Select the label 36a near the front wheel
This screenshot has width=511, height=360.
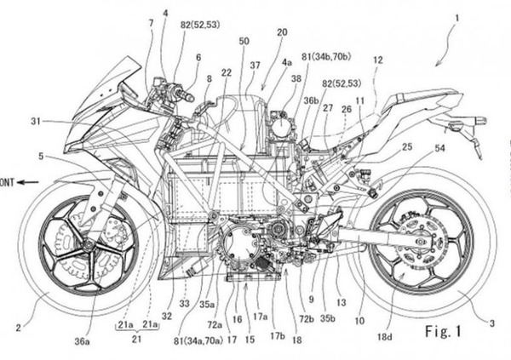click(82, 340)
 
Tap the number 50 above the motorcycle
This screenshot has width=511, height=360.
click(244, 40)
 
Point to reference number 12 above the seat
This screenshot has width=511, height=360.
click(377, 60)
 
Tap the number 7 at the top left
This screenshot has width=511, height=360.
click(150, 23)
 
